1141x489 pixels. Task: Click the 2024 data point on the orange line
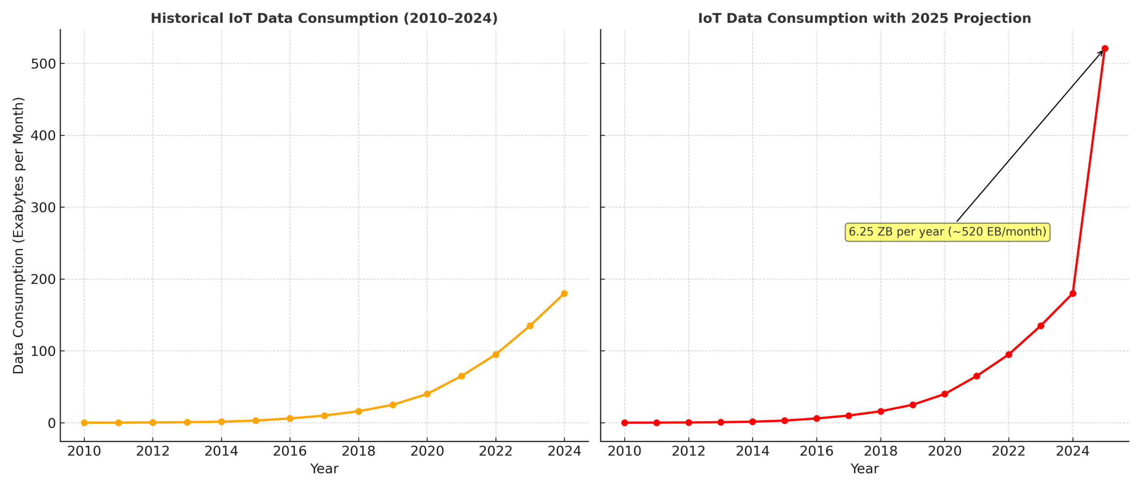564,293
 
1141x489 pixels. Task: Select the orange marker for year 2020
427,394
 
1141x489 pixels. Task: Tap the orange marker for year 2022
496,354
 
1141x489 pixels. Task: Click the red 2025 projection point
1104,49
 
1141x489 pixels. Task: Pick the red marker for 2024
1073,293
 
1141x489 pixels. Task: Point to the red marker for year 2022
1009,354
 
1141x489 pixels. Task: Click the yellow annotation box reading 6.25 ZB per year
947,232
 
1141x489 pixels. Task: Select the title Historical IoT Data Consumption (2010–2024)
324,18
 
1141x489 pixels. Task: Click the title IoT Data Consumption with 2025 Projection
864,18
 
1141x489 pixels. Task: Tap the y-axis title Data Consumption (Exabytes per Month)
18,235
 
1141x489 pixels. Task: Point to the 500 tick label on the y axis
43,64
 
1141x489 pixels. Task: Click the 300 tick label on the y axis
43,207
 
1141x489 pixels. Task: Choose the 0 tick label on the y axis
52,423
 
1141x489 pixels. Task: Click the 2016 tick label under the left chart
290,451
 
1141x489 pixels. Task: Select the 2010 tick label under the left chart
84,451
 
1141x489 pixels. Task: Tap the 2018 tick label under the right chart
881,451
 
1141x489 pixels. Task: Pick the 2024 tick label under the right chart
1073,451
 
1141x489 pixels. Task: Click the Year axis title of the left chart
324,469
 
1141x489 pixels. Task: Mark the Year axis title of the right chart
864,469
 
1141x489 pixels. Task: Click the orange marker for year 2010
84,423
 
